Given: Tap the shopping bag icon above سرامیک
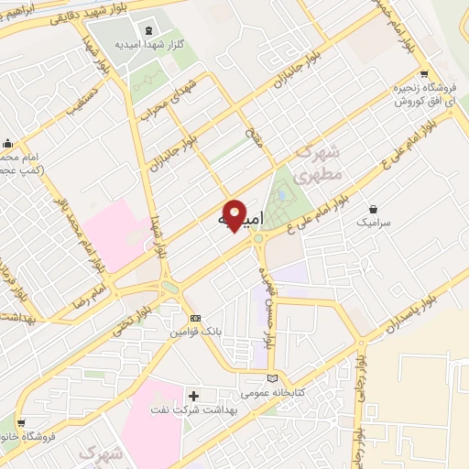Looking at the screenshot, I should pos(374,208).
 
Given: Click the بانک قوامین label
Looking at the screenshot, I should pos(193,333).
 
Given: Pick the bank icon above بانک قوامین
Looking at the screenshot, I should pos(193,319).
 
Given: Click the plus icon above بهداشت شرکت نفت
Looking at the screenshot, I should pos(193,395).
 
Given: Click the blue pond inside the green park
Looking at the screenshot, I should pos(282,194).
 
